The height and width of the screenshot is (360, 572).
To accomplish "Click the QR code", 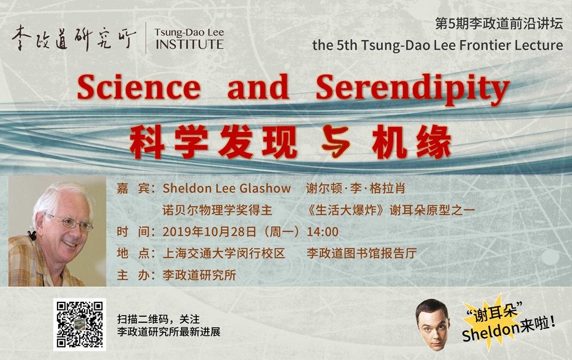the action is pyautogui.click(x=79, y=324).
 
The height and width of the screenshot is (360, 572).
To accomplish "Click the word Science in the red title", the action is pyautogui.click(x=139, y=87).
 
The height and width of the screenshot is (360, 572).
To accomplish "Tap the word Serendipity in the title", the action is pyautogui.click(x=412, y=89).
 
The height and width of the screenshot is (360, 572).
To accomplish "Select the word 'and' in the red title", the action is pyautogui.click(x=258, y=87).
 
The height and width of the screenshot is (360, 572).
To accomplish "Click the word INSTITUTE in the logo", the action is pyautogui.click(x=190, y=44).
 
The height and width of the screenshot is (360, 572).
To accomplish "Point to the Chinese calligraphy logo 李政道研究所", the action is pyautogui.click(x=74, y=38).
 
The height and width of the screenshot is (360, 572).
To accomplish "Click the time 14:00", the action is pyautogui.click(x=322, y=232).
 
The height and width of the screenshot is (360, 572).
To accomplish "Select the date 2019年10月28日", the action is pyautogui.click(x=209, y=232).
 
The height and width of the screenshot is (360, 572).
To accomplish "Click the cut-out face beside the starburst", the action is pyautogui.click(x=433, y=324).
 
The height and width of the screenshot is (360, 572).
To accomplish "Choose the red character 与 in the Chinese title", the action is pyautogui.click(x=336, y=142).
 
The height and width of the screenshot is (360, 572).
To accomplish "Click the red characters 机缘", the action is pyautogui.click(x=412, y=142).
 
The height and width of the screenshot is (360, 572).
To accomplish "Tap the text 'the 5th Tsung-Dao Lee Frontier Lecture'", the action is pyautogui.click(x=438, y=45).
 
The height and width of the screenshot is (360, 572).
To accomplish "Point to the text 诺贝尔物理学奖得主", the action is pyautogui.click(x=217, y=210).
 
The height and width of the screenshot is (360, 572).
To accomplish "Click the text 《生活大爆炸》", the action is pyautogui.click(x=346, y=210).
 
